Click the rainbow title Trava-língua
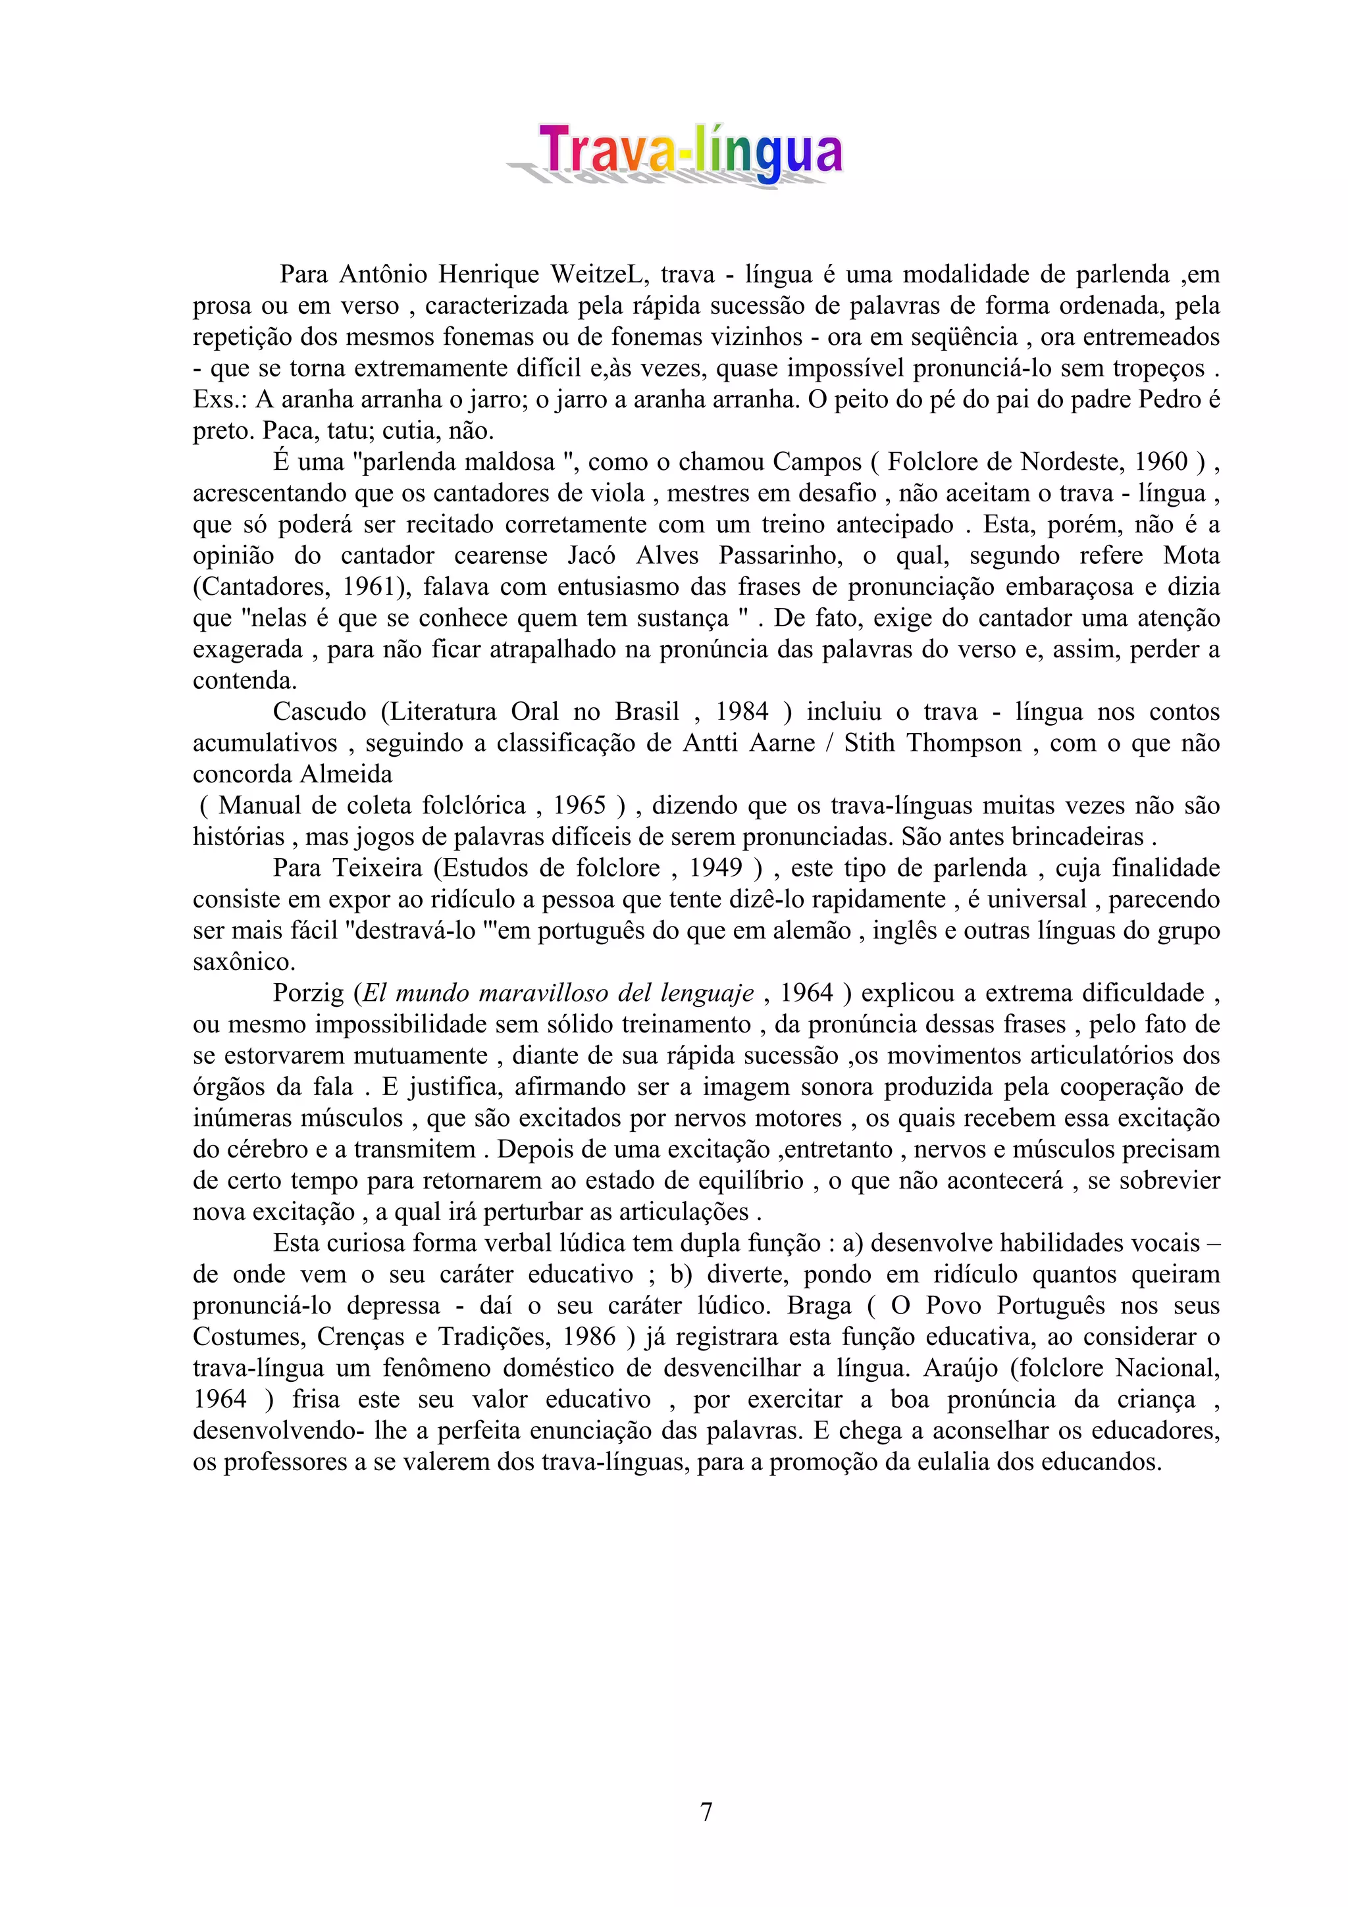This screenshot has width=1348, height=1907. tap(689, 151)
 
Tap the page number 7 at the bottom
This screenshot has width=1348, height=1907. tap(706, 1812)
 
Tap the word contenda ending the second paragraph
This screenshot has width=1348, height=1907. tap(244, 681)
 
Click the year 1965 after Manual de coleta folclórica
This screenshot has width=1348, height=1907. tap(579, 805)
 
